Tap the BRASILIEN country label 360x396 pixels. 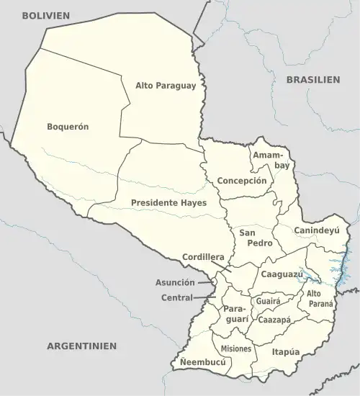[313, 80]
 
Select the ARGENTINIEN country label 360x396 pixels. [81, 346]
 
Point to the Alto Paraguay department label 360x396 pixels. [166, 86]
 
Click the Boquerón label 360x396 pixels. [68, 126]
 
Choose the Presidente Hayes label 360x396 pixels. [168, 203]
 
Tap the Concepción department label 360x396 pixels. [242, 181]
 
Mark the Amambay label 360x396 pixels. [271, 160]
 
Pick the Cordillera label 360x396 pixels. [204, 257]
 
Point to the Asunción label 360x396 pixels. [175, 283]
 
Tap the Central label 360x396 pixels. [177, 297]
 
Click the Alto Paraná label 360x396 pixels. [320, 298]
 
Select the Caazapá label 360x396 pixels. [274, 319]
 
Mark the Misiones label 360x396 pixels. [236, 348]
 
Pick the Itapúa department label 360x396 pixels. [286, 352]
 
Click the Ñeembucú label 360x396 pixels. [203, 363]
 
